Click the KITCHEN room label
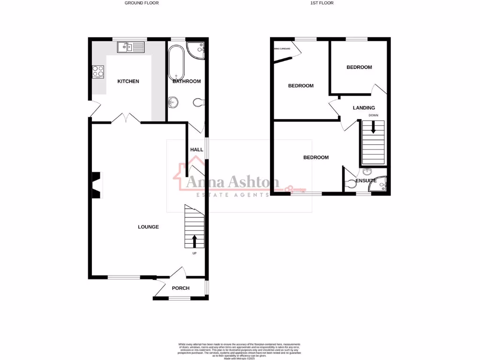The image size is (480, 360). tap(128, 82)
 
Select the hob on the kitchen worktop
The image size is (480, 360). tap(98, 71)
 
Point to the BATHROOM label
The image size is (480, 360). tap(187, 82)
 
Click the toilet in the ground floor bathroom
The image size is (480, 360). tap(199, 102)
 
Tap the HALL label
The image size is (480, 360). tap(197, 150)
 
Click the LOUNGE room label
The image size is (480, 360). tap(148, 227)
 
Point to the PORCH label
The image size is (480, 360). tap(180, 288)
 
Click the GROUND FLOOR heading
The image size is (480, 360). tap(142, 3)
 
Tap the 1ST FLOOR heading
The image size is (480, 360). tap(322, 3)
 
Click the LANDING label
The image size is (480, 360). tap(364, 108)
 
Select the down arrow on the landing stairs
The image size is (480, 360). tap(373, 127)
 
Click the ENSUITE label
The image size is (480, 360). tap(366, 180)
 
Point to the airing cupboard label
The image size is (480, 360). tap(282, 49)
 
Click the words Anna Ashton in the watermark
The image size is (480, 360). tap(233, 182)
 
